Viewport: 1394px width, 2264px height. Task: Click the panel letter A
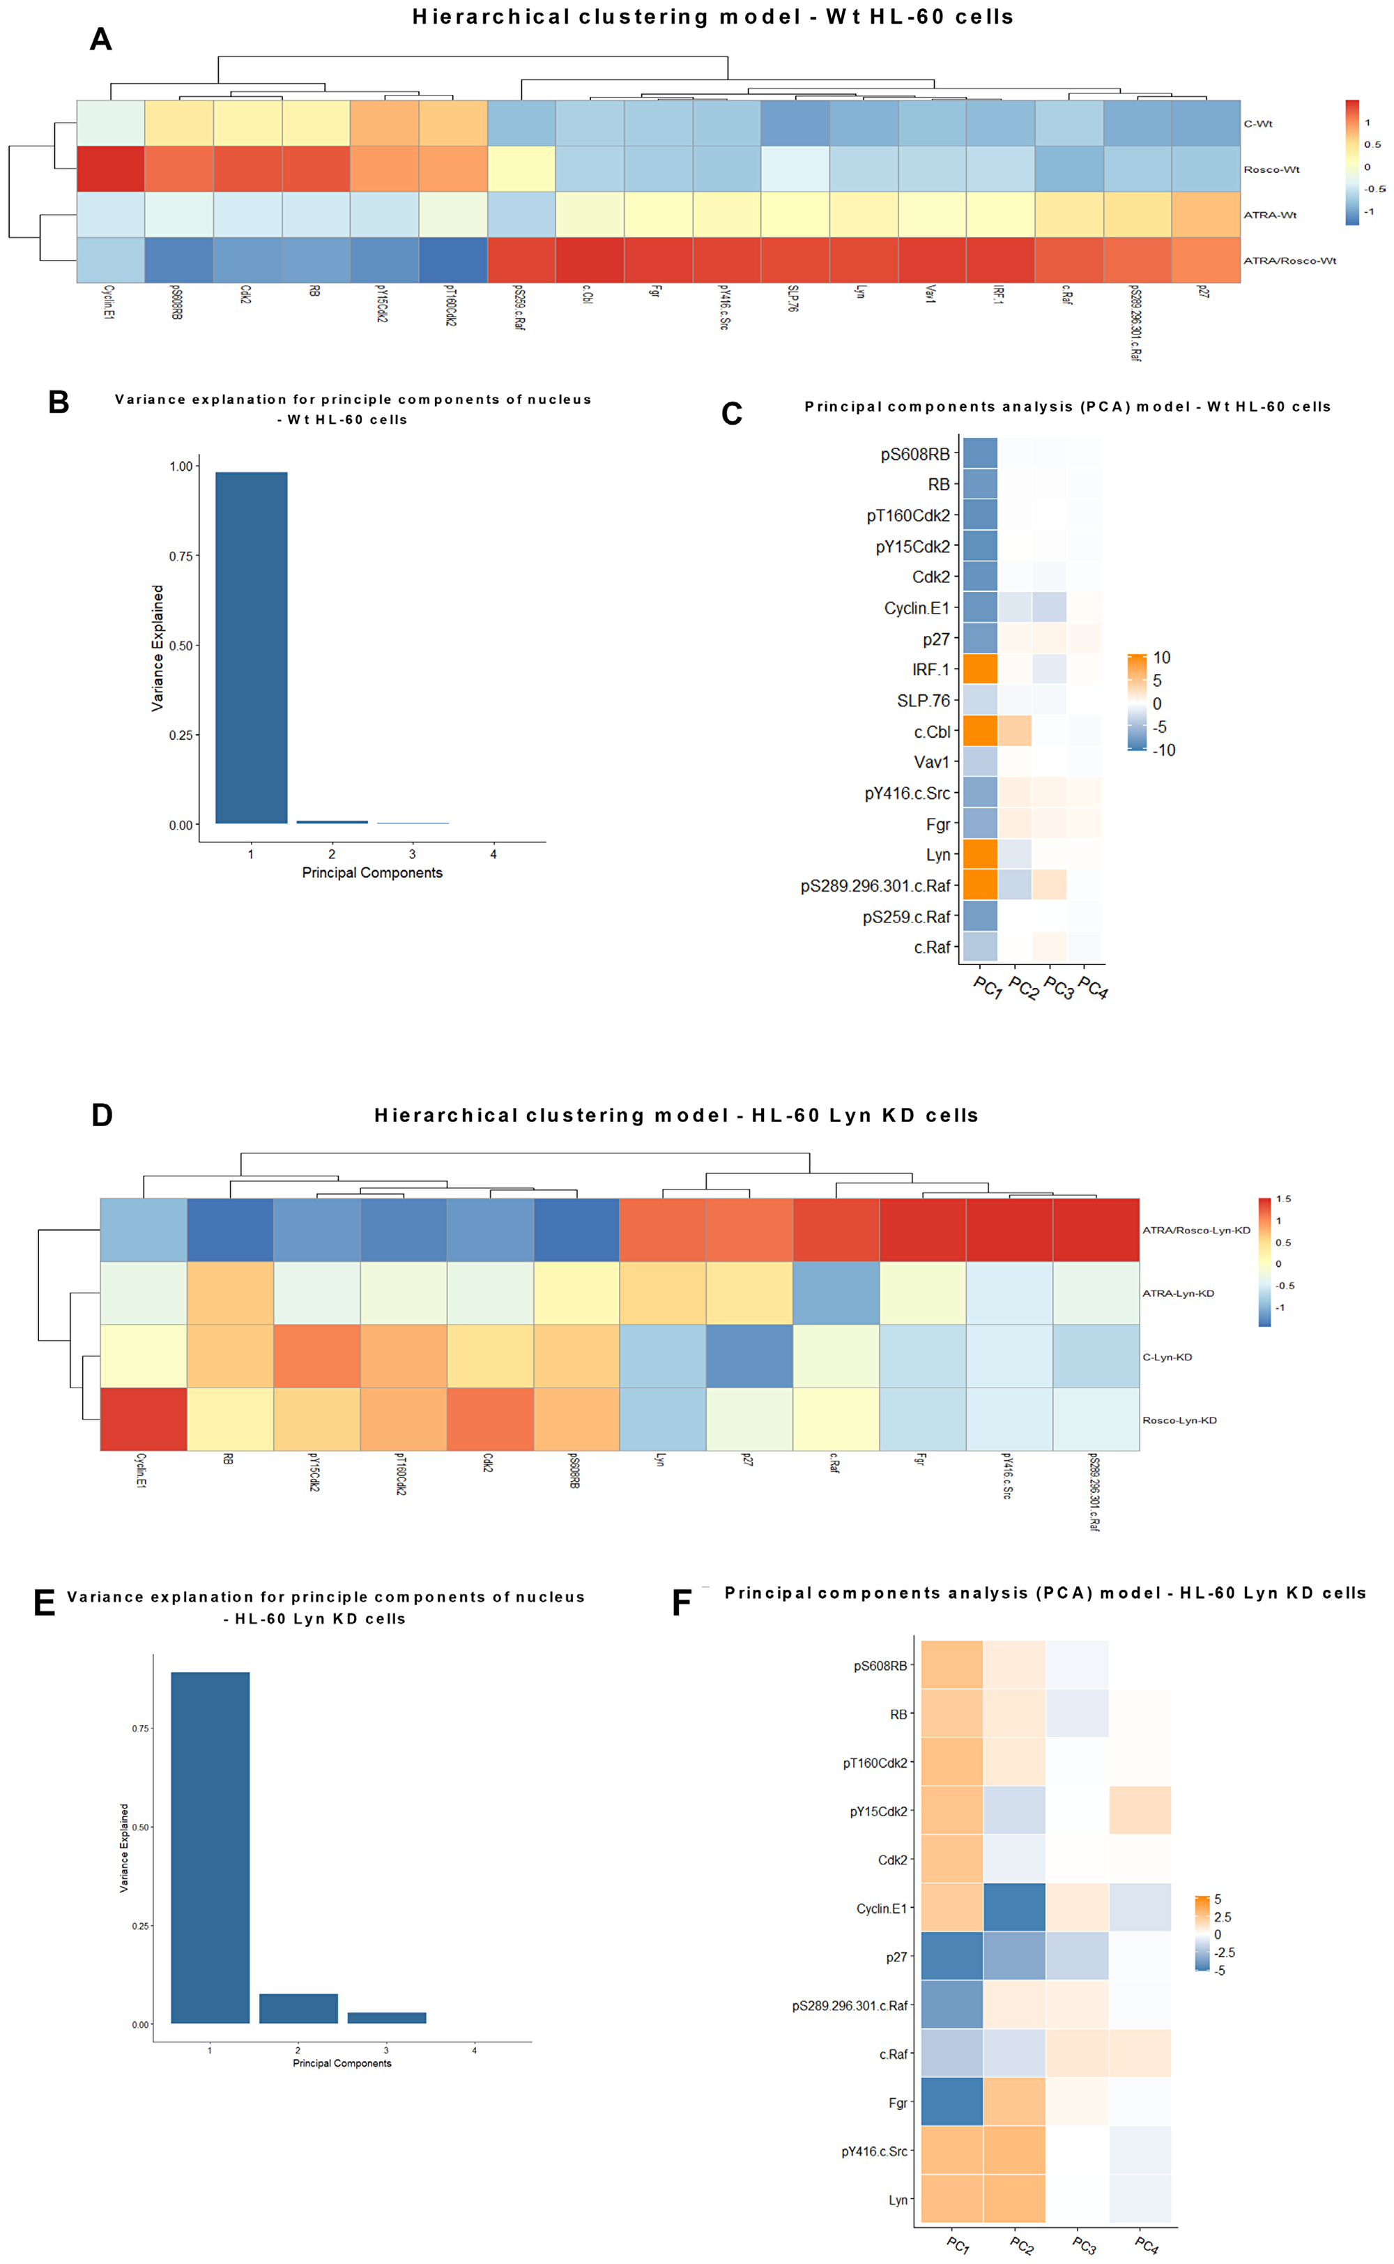coord(100,40)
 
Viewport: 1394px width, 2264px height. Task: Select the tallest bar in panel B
coord(251,646)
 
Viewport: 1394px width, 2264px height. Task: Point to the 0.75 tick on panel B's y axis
coord(181,556)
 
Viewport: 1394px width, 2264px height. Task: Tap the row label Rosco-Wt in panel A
coord(1271,169)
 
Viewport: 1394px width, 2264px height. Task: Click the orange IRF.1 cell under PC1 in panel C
coord(980,669)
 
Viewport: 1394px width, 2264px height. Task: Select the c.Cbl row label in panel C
coord(931,731)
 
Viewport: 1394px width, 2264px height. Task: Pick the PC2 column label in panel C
coord(1023,988)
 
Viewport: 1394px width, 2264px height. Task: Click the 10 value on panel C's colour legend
coord(1162,658)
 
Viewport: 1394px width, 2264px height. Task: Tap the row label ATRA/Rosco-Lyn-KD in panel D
coord(1196,1230)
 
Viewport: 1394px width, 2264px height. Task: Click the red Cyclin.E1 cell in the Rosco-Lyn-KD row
coord(143,1419)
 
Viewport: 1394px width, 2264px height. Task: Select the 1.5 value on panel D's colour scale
coord(1283,1199)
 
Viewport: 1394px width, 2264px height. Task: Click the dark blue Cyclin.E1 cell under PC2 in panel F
coord(1014,1908)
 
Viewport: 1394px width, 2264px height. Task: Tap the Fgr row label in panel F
coord(897,2103)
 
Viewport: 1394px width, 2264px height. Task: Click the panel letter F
coord(682,1604)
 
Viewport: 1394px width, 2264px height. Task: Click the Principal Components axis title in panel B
coord(372,872)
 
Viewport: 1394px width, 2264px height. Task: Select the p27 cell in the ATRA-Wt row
coord(1205,214)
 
